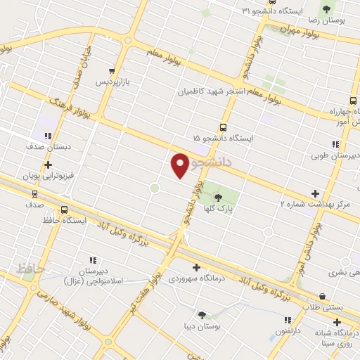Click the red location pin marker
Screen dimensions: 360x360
(180, 165)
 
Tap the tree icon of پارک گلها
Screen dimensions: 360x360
(218, 198)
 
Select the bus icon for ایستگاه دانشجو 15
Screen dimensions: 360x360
(223, 127)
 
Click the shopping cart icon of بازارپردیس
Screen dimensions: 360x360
(112, 70)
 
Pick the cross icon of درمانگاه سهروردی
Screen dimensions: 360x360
(196, 266)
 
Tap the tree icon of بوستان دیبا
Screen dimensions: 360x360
(202, 316)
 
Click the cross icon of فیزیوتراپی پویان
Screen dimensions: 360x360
(48, 165)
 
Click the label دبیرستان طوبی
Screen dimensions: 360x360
(335, 156)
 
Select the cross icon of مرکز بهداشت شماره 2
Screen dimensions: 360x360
(315, 193)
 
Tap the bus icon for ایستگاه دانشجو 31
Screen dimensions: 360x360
(245, 11)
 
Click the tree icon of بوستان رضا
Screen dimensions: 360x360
(326, 8)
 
